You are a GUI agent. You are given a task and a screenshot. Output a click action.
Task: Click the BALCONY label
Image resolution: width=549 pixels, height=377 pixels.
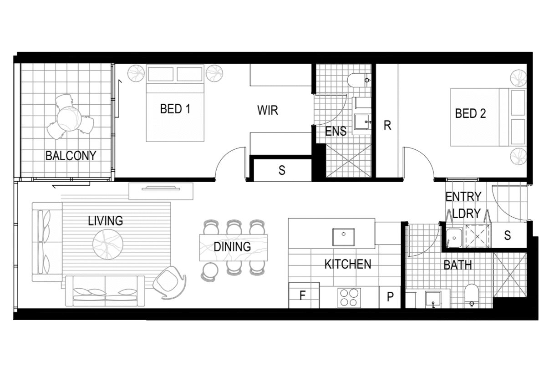click(71, 156)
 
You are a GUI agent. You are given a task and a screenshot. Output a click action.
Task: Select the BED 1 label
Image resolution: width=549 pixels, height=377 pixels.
click(175, 109)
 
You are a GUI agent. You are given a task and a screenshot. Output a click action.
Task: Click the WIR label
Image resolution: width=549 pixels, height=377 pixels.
click(267, 110)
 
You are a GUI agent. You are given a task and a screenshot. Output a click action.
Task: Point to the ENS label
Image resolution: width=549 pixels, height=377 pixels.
click(335, 132)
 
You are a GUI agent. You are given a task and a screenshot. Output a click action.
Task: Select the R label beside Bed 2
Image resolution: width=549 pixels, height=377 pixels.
click(387, 126)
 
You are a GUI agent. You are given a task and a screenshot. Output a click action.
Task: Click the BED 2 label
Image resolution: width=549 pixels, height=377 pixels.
click(470, 113)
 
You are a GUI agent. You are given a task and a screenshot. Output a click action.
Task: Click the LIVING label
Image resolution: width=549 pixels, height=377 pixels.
click(106, 221)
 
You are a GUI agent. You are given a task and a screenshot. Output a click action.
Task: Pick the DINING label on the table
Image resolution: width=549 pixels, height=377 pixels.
click(232, 247)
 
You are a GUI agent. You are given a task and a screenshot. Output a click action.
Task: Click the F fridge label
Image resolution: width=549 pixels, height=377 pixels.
click(302, 296)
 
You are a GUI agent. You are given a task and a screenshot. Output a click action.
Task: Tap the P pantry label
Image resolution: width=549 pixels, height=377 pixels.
click(390, 297)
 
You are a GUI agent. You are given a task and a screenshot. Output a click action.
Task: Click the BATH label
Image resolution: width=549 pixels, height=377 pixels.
click(457, 265)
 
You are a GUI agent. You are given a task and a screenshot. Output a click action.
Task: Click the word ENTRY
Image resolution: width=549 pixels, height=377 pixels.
click(463, 197)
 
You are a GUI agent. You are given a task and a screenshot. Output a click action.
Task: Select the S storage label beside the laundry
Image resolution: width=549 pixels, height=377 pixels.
click(507, 235)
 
